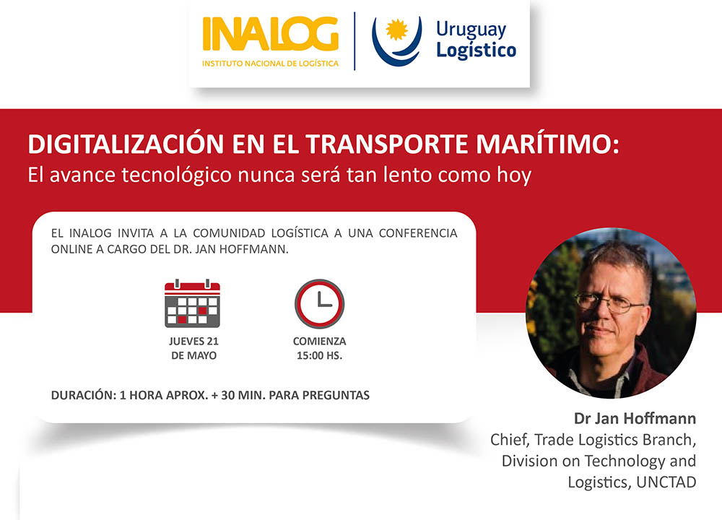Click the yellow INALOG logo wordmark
point(270,35)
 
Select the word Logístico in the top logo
point(476,51)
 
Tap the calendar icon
point(192,303)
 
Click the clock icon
point(319,303)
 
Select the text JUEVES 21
point(193,342)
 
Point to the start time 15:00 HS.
point(319,355)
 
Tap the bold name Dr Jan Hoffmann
point(635,419)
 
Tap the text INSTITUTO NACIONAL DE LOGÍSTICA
point(270,64)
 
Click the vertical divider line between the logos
point(355,41)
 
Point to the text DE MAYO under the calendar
point(193,355)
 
